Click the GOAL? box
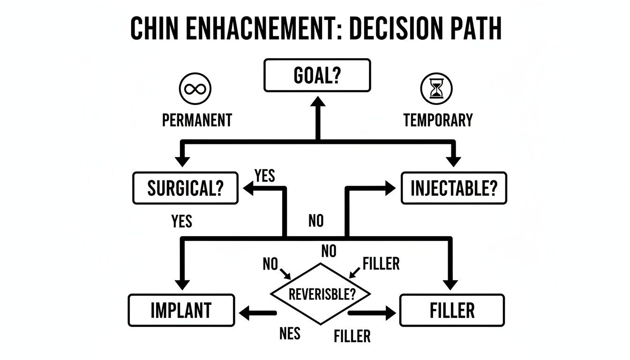(317, 75)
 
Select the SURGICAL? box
(185, 188)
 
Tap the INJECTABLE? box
(453, 188)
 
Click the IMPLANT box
(181, 310)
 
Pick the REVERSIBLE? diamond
(321, 294)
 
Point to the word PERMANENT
(197, 120)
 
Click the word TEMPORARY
(438, 120)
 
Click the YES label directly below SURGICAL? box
(181, 221)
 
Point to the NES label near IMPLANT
(289, 333)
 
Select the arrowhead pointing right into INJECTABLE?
(390, 188)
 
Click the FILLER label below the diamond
(352, 336)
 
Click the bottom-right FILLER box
(452, 310)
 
